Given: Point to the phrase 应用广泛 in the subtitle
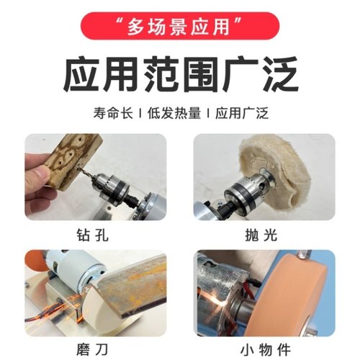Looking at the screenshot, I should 238,113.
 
